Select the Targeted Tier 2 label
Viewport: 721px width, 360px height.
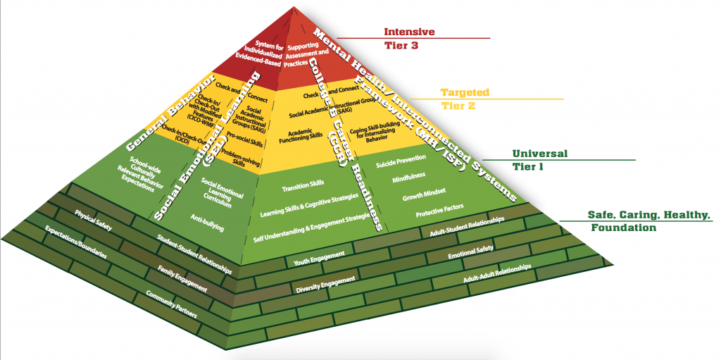(464, 99)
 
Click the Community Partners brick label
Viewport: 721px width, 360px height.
(170, 303)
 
